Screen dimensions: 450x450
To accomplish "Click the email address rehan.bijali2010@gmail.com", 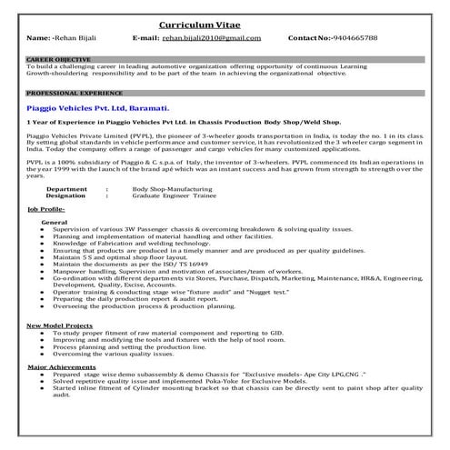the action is (212, 39).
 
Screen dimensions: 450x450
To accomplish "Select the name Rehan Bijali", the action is (83, 39).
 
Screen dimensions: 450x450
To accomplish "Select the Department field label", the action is (66, 188).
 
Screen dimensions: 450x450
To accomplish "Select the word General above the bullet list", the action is (54, 222).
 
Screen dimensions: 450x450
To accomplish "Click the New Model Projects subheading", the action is (58, 325).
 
